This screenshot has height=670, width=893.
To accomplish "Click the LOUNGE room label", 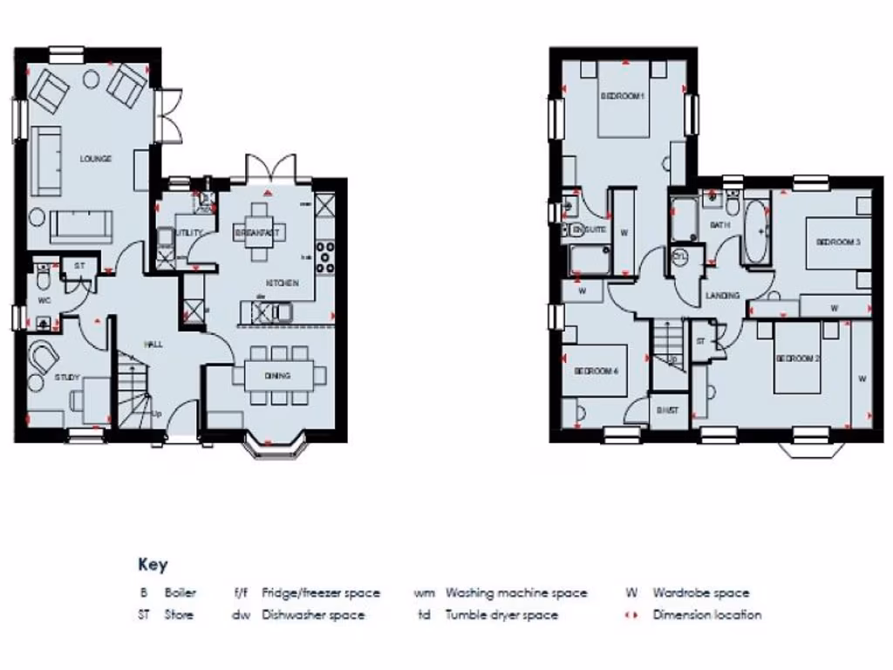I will click(95, 159).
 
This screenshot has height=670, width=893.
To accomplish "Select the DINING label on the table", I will click(279, 376).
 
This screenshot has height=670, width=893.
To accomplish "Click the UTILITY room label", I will click(189, 233).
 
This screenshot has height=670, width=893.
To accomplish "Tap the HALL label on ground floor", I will click(154, 345).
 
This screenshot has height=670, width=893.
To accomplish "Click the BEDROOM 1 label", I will click(622, 96).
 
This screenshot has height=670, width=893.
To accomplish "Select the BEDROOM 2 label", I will click(798, 359).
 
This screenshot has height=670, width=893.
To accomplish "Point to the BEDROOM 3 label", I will click(838, 243).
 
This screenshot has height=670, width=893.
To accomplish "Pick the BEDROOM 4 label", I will click(596, 371).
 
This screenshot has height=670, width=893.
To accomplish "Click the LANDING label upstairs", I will click(722, 296).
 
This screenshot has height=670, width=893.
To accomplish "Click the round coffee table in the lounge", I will click(90, 79).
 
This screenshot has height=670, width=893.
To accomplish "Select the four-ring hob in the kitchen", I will click(326, 257).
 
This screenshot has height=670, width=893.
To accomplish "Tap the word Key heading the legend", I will click(153, 564).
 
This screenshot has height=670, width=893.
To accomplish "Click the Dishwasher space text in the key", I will click(313, 615).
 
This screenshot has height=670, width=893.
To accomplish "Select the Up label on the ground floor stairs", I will click(157, 414).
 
